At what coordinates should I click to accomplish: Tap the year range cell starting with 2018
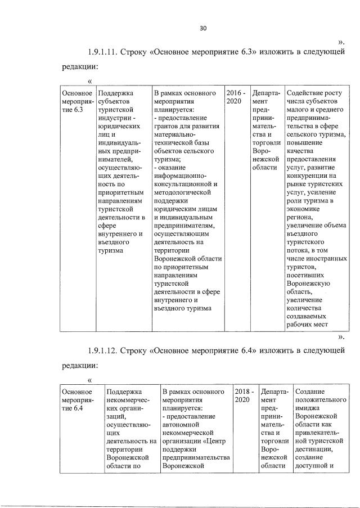[x=245, y=396]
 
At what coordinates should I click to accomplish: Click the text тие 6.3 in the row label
[x=72, y=110]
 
